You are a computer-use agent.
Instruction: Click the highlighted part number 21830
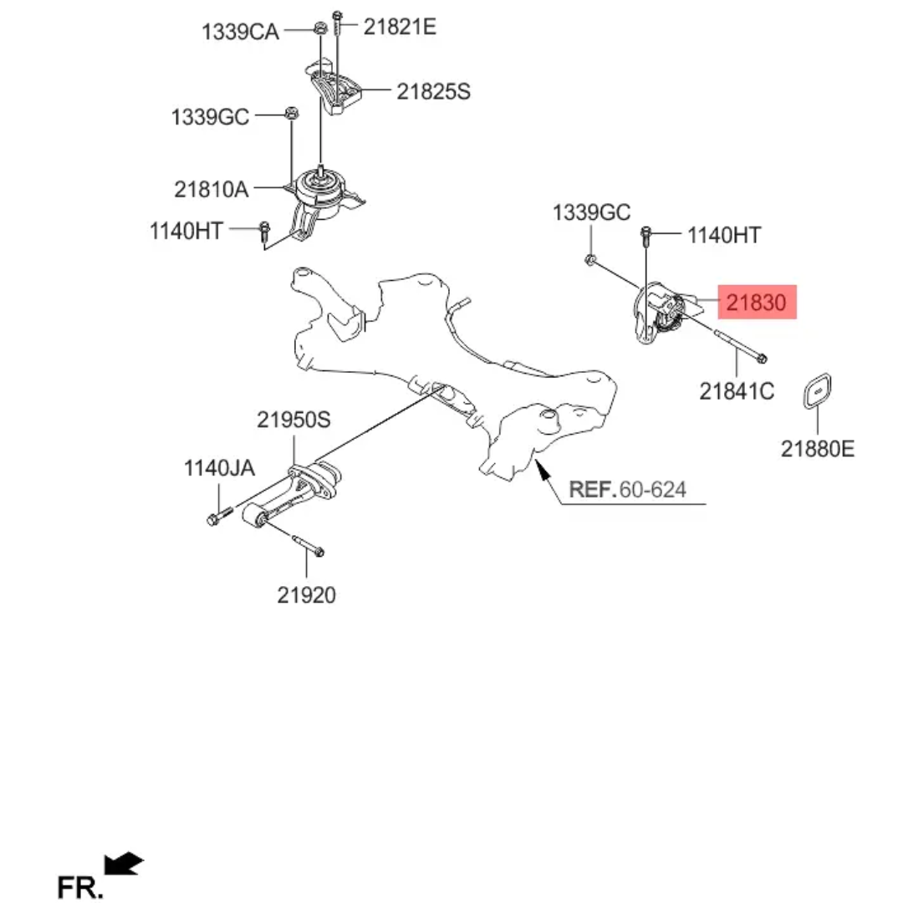[x=756, y=303]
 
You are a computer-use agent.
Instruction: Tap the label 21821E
[x=400, y=27]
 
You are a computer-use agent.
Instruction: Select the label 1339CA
[x=240, y=32]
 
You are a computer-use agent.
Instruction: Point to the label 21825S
[x=433, y=92]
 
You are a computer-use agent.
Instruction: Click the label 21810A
[x=212, y=189]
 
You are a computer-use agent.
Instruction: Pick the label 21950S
[x=293, y=420]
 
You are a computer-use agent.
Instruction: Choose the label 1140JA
[x=219, y=468]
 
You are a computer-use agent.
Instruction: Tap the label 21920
[x=306, y=595]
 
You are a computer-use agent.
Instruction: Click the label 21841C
[x=737, y=391]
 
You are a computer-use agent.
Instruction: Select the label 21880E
[x=818, y=449]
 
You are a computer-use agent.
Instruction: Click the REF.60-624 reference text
[x=628, y=489]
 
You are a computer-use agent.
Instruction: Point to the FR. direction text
[x=80, y=887]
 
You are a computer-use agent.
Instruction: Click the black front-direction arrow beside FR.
[x=123, y=863]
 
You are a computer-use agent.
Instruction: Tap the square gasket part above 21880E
[x=817, y=391]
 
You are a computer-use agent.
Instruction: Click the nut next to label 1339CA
[x=319, y=27]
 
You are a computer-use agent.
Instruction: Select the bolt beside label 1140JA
[x=218, y=515]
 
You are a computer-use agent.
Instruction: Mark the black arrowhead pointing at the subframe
[x=541, y=470]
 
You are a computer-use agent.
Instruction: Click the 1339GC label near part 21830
[x=591, y=212]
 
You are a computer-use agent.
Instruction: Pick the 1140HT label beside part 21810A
[x=186, y=231]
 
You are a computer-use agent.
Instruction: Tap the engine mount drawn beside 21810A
[x=319, y=202]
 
